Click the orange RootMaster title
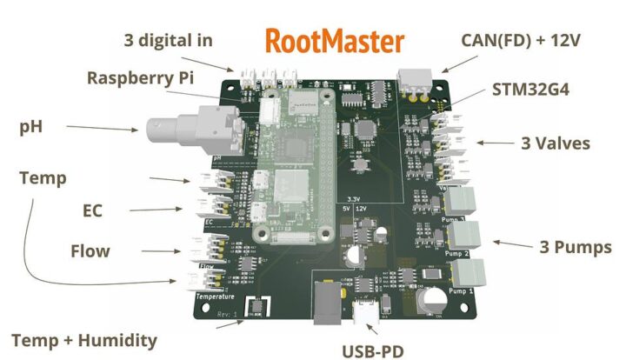click(335, 40)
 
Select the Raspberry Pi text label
click(140, 77)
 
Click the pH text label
click(31, 126)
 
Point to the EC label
click(92, 210)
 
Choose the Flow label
click(90, 251)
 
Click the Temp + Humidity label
click(84, 340)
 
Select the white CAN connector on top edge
click(415, 79)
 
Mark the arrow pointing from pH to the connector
click(102, 129)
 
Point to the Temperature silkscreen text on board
click(215, 297)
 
